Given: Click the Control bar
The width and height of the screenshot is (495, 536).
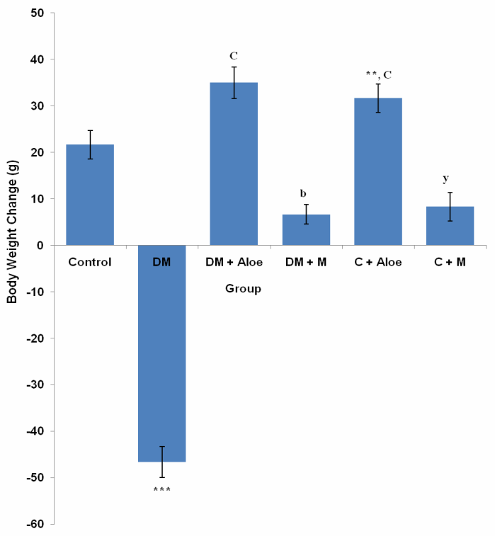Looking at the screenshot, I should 90,195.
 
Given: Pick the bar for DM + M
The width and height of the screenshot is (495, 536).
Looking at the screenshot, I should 306,230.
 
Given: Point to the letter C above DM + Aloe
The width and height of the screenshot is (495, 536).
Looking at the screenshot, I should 234,55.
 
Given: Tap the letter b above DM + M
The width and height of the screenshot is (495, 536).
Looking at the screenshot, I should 305,193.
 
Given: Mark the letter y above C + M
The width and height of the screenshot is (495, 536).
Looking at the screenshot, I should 450,178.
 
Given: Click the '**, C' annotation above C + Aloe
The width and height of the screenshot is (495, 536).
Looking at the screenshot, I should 378,73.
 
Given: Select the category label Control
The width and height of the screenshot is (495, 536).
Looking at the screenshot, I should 90,263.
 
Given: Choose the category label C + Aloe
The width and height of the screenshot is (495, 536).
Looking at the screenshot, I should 378,263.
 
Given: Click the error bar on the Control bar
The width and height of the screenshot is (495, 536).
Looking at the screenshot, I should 90,144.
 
